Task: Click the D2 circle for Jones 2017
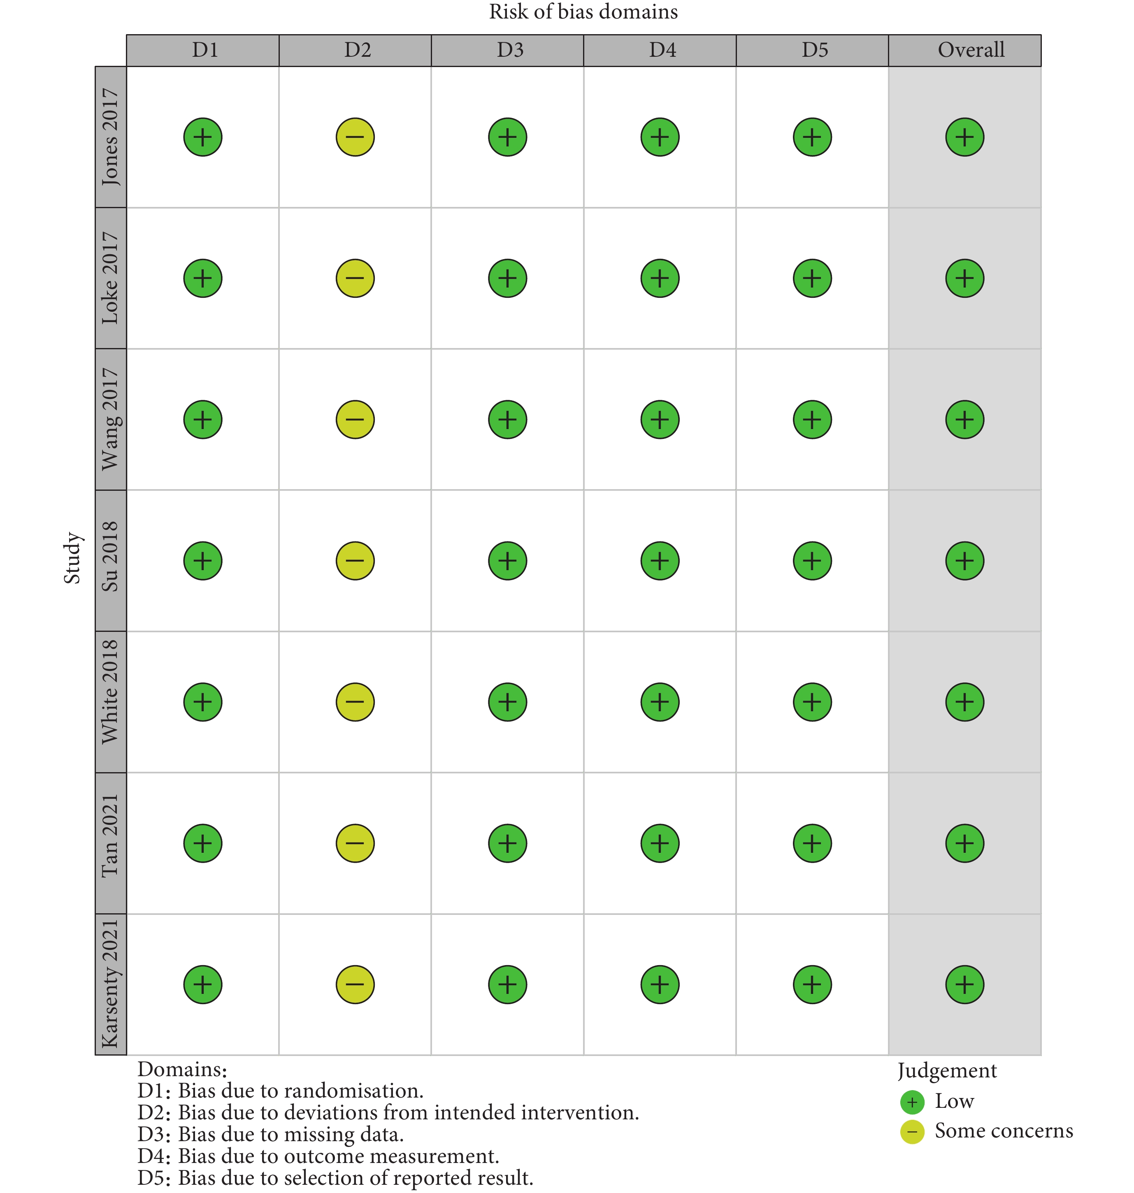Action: coord(355,137)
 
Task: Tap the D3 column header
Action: coord(509,50)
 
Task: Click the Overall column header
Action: coord(970,50)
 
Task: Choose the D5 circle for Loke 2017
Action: coord(812,278)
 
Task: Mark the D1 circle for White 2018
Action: coord(202,702)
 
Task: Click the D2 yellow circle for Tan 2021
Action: coord(355,843)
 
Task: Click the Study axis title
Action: coord(72,558)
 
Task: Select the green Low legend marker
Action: coord(911,1102)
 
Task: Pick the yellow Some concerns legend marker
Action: coord(911,1131)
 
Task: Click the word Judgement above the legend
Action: coord(947,1070)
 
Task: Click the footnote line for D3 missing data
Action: coord(270,1134)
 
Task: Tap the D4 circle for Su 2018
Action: coord(660,561)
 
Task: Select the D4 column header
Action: coord(662,50)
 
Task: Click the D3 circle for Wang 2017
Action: coord(507,420)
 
